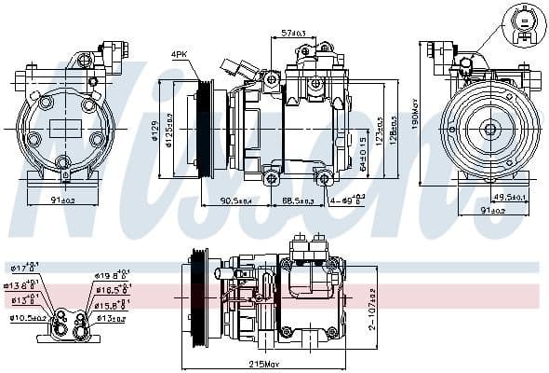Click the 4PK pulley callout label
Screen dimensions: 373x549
tap(180, 55)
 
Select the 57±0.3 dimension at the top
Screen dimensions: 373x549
tap(293, 34)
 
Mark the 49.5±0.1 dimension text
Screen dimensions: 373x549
tap(509, 197)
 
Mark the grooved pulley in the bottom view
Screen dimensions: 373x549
tap(198, 297)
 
